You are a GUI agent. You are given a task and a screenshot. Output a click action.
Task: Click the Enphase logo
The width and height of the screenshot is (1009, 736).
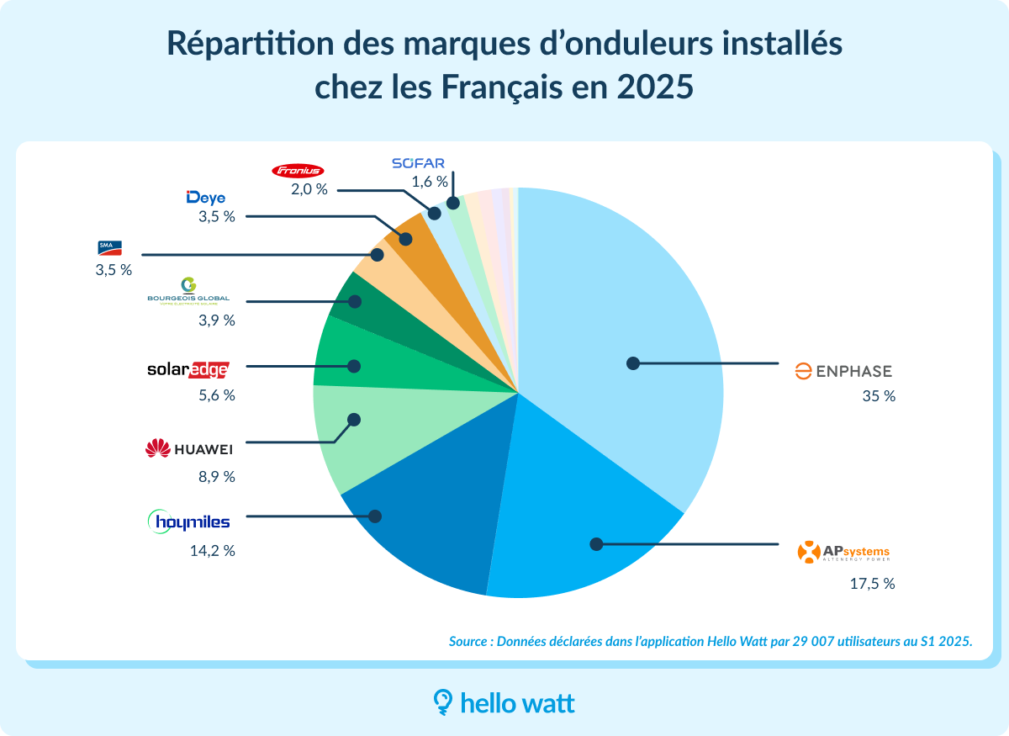843,371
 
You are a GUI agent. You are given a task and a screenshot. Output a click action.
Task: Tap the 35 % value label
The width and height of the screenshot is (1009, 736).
879,396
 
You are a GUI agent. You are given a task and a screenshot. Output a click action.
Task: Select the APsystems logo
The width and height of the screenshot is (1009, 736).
843,553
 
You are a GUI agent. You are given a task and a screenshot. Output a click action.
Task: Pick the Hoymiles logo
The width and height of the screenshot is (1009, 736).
188,522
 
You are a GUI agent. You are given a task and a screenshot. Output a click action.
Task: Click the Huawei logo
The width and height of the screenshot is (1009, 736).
188,449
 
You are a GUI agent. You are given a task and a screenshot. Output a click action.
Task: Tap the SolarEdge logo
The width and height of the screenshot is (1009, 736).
187,368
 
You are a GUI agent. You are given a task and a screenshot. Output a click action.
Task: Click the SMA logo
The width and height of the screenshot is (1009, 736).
110,247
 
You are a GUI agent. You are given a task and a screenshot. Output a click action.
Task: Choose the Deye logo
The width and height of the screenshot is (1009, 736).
205,198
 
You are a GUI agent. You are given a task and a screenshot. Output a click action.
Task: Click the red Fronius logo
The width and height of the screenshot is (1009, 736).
298,171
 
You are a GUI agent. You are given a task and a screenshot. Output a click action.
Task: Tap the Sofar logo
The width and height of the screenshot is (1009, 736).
417,163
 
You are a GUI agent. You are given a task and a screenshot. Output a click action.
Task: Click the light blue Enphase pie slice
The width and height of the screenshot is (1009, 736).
622,320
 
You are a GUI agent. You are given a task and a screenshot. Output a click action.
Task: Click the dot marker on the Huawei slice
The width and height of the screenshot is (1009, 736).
354,419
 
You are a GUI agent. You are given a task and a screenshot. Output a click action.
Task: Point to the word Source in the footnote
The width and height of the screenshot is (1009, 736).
469,641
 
